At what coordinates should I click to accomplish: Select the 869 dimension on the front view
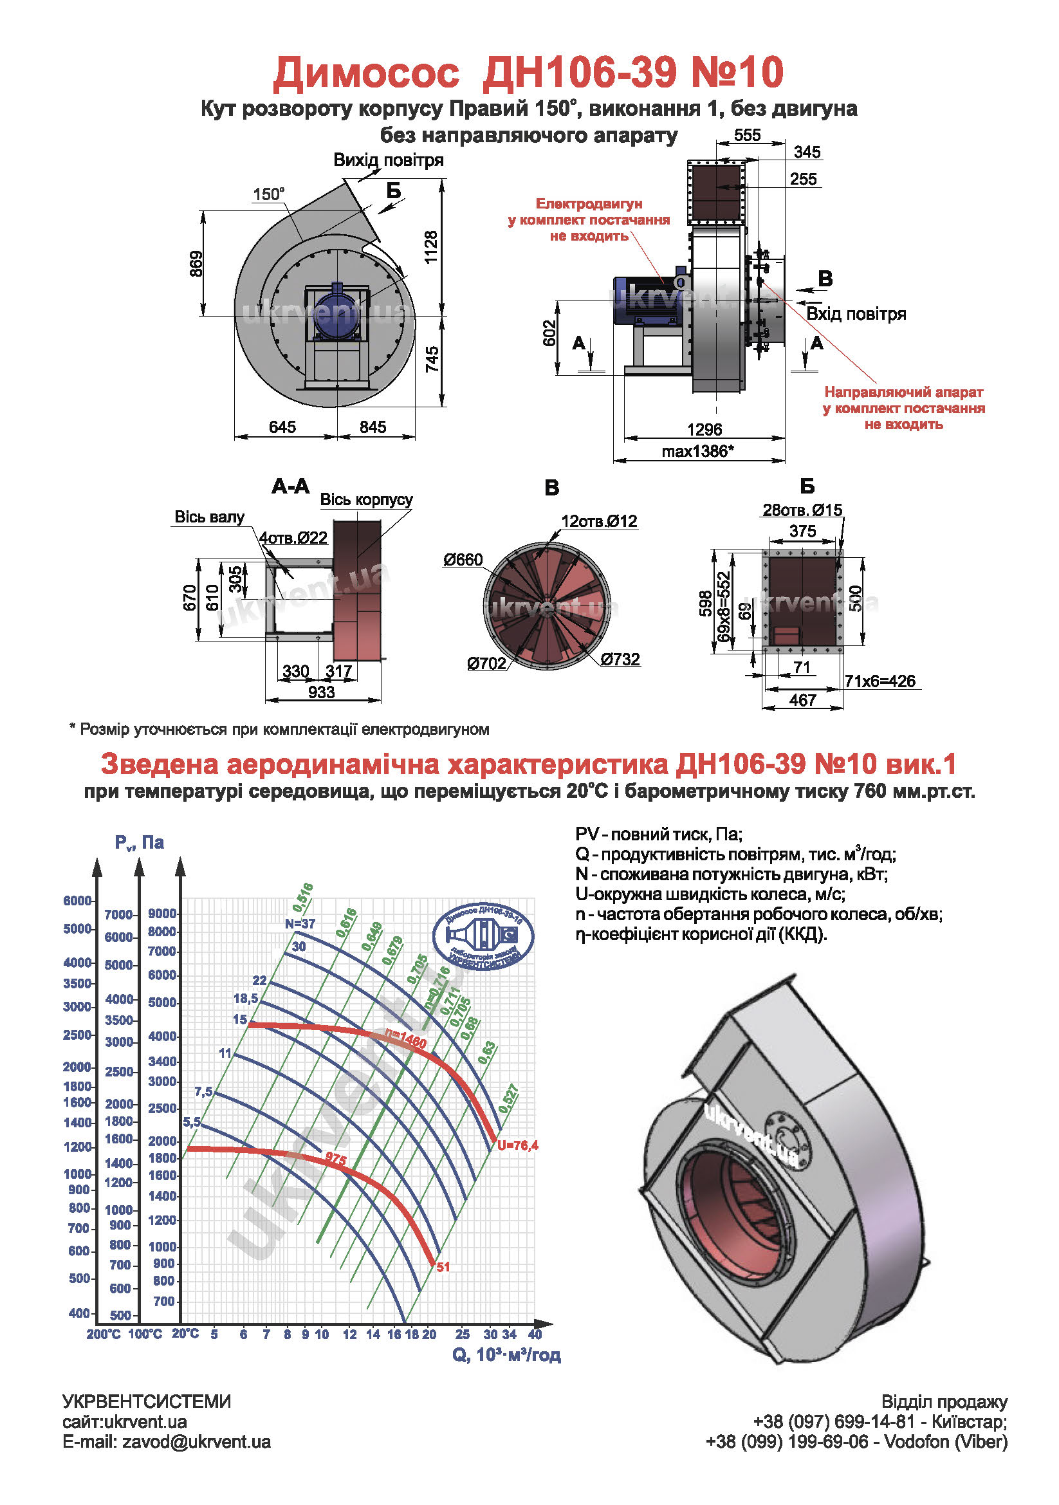click(x=196, y=264)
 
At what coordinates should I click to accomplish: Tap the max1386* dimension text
click(x=697, y=451)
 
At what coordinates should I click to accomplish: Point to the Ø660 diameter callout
click(x=463, y=559)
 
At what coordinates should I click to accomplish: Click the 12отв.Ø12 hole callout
click(x=598, y=521)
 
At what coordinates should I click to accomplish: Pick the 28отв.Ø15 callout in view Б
click(x=802, y=510)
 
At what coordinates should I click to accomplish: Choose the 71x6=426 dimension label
click(x=879, y=681)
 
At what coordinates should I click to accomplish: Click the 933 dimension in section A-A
click(x=321, y=692)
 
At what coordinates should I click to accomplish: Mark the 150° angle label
click(x=269, y=194)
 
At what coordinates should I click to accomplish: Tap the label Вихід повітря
click(x=388, y=160)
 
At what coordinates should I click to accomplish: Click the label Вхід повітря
click(x=856, y=314)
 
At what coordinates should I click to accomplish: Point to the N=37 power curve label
click(x=300, y=923)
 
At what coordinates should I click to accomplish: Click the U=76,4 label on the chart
click(x=518, y=1145)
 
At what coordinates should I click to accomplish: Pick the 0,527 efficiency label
click(x=509, y=1098)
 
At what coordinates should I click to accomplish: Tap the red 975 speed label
click(x=336, y=1159)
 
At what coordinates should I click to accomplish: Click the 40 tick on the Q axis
click(x=535, y=1334)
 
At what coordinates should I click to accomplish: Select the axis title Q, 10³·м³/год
click(x=506, y=1355)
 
